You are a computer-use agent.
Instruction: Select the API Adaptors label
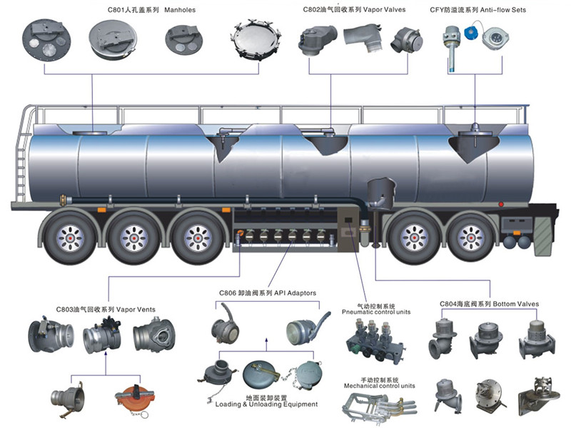coord(291,293)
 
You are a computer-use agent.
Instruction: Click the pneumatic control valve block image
coord(376,342)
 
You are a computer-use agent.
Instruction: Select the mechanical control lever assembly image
coord(374,410)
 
